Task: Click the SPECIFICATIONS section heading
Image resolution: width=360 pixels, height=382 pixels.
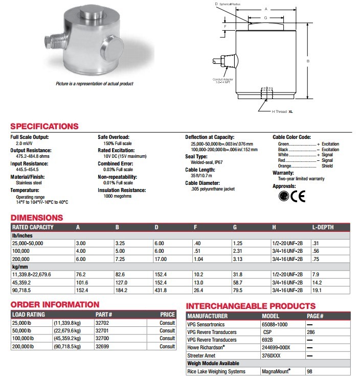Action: [44, 127]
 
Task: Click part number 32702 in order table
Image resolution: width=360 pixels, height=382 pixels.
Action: [103, 323]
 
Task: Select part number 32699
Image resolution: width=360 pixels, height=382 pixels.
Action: [103, 346]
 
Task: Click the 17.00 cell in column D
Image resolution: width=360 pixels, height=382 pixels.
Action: [163, 259]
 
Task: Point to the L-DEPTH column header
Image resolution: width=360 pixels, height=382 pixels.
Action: [324, 227]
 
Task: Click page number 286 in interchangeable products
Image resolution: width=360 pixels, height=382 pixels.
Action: [310, 332]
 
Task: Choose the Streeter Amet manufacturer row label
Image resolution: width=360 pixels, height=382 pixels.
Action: [202, 355]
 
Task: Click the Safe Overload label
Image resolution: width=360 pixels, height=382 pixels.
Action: [114, 137]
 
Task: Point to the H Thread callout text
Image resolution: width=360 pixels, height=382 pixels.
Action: [279, 111]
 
